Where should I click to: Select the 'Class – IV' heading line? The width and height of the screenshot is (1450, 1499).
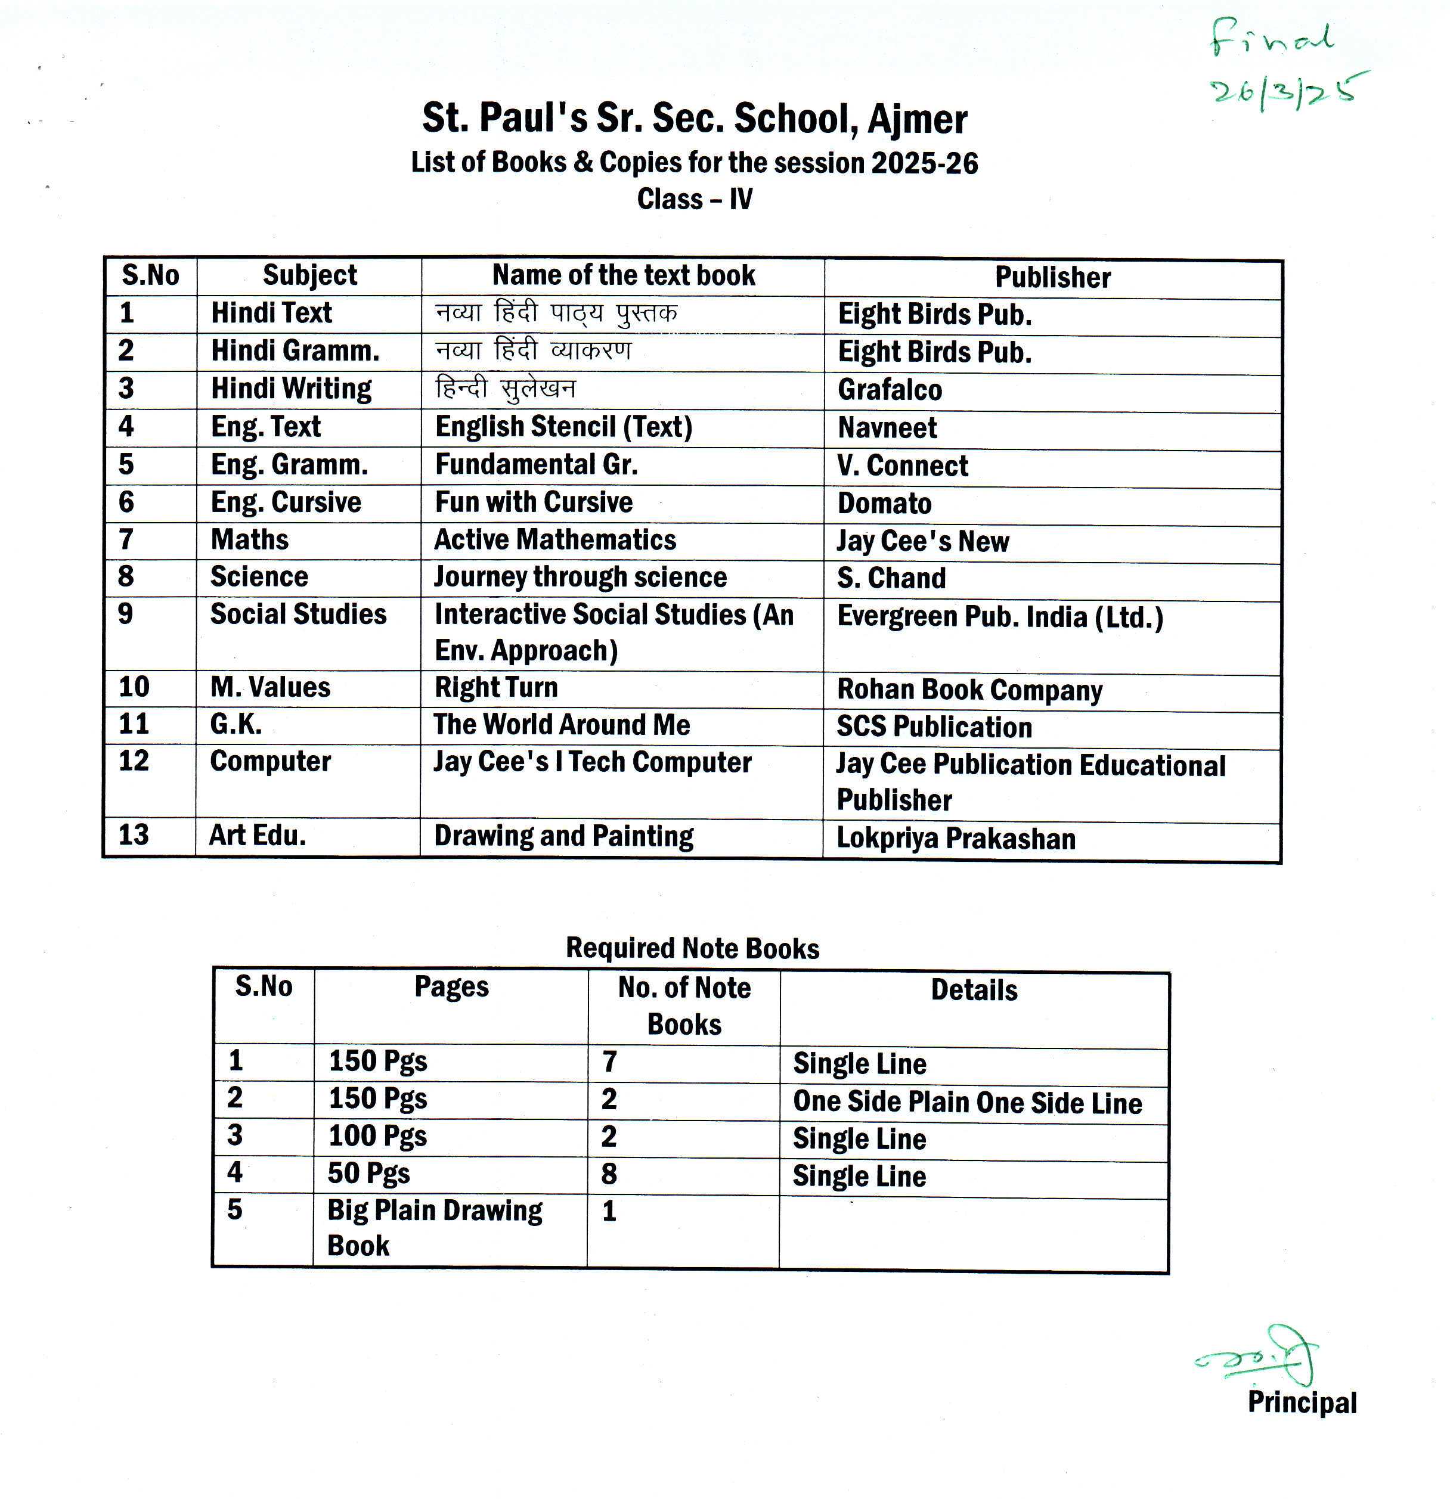point(695,200)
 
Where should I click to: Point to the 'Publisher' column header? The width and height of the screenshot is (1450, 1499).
point(1052,278)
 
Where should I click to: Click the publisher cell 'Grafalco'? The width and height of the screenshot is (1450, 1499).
point(890,390)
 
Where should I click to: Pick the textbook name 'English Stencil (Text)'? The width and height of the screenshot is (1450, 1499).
point(563,427)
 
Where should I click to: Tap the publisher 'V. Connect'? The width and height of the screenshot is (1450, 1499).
point(903,465)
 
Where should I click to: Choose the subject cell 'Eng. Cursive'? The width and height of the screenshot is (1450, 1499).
point(286,502)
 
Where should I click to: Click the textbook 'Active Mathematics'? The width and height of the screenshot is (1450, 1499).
point(554,540)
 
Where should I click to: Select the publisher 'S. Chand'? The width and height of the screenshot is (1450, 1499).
point(891,578)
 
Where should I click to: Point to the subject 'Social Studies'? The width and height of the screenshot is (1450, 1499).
point(299,614)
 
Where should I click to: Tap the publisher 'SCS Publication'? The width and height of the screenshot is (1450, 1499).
point(934,727)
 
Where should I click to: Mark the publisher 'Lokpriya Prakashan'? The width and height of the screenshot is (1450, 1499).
point(956,838)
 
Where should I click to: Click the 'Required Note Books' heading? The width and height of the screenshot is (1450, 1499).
point(692,948)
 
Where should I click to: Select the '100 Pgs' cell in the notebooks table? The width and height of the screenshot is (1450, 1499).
point(377,1135)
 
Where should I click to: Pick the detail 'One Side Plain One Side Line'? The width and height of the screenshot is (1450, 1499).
point(967,1102)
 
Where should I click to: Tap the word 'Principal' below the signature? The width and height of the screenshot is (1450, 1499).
point(1302,1402)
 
